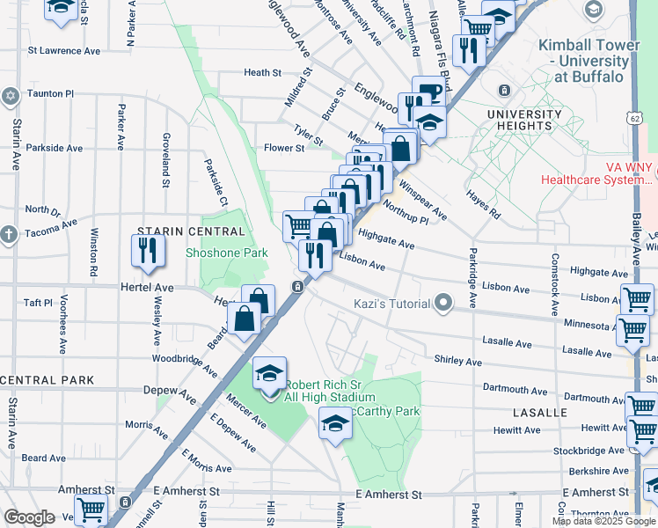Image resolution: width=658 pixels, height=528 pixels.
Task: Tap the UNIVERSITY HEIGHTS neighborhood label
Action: [x=524, y=120]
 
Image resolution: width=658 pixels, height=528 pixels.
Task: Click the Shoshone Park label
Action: [x=226, y=253]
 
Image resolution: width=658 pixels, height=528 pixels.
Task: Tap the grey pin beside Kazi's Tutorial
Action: [x=443, y=304]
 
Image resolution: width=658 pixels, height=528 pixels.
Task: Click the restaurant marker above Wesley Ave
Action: [x=148, y=250]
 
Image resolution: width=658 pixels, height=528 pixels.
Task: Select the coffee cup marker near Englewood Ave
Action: [x=428, y=93]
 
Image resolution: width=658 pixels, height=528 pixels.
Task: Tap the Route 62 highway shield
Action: [x=634, y=117]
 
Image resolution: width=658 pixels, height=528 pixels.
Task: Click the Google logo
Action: [x=30, y=517]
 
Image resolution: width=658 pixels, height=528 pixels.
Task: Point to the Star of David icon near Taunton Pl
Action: [x=11, y=95]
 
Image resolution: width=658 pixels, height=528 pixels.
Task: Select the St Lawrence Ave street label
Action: [x=65, y=51]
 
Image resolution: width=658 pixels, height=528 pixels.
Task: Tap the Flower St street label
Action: [x=283, y=148]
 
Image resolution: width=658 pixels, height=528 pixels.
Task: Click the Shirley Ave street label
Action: [x=457, y=361]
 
